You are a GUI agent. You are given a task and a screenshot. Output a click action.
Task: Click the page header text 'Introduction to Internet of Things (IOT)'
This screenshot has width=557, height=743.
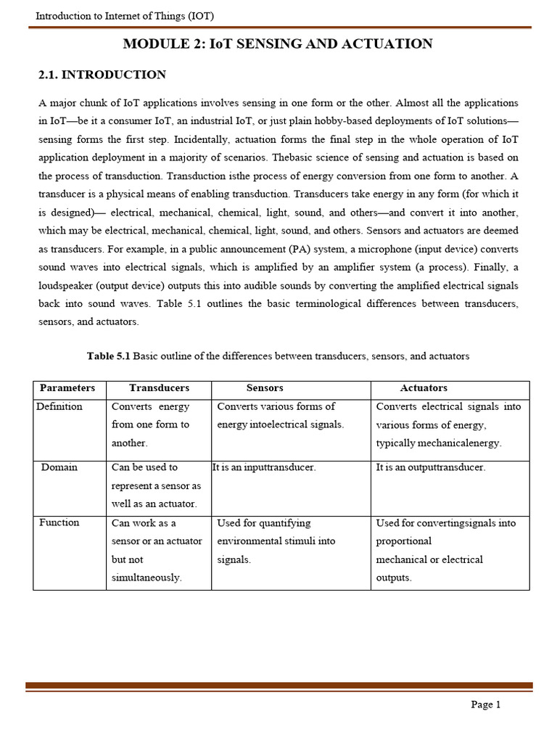[x=125, y=16]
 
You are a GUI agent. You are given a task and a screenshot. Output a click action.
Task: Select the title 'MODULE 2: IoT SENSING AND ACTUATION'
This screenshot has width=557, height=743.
[x=278, y=44]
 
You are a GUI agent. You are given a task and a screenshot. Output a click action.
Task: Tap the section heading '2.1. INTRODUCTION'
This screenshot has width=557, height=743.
[x=102, y=75]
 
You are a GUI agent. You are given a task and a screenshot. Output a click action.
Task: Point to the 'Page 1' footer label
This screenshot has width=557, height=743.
[x=485, y=705]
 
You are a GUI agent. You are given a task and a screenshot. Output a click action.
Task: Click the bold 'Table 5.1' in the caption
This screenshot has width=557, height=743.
[x=108, y=356]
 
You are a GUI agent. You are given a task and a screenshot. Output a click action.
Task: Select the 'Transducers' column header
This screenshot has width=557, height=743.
[x=159, y=388]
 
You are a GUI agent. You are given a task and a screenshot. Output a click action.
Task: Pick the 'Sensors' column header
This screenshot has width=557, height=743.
[x=265, y=388]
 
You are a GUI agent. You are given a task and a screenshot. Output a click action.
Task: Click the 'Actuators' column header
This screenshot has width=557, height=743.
[x=424, y=388]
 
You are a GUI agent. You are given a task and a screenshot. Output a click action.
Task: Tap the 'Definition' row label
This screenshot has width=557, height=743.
[x=59, y=406]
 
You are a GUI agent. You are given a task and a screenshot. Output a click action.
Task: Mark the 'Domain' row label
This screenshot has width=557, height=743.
[x=59, y=467]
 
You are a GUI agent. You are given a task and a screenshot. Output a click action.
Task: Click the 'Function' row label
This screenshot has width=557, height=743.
[x=59, y=522]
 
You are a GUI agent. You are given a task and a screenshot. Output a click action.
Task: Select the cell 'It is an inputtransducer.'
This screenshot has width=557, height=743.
[x=265, y=468]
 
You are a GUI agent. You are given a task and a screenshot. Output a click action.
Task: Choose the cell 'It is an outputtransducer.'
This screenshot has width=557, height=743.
[x=431, y=468]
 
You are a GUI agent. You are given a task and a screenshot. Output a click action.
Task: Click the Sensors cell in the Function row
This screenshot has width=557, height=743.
[x=276, y=541]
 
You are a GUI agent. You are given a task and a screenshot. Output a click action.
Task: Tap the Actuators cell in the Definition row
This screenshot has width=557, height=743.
[x=448, y=424]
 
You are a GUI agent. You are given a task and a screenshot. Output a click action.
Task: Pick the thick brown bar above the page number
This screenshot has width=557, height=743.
[x=279, y=685]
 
